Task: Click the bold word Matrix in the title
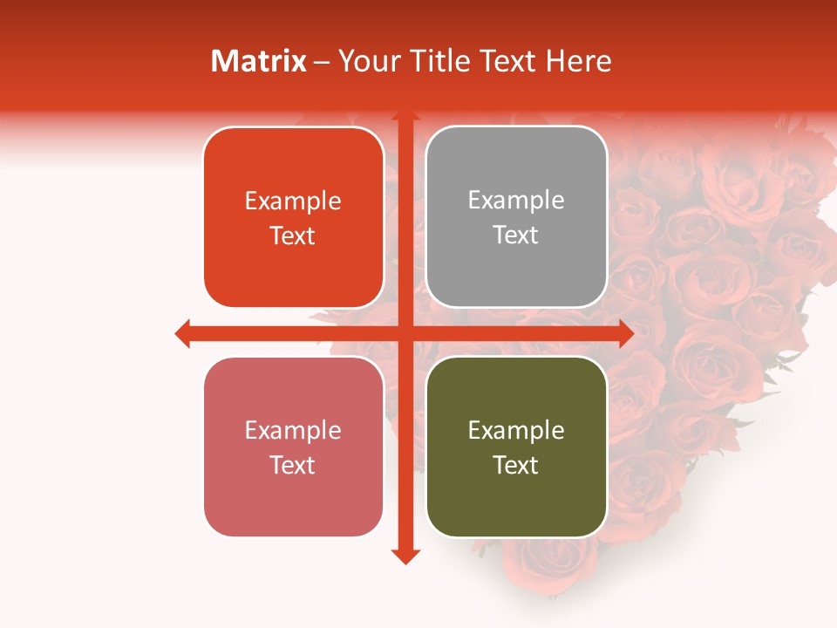[259, 61]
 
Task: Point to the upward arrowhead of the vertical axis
[405, 116]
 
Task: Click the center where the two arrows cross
[405, 333]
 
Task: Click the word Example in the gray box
[516, 200]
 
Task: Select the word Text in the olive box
[516, 465]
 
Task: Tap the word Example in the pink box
[293, 430]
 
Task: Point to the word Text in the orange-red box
[293, 235]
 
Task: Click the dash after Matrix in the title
[322, 62]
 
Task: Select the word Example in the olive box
[516, 430]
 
